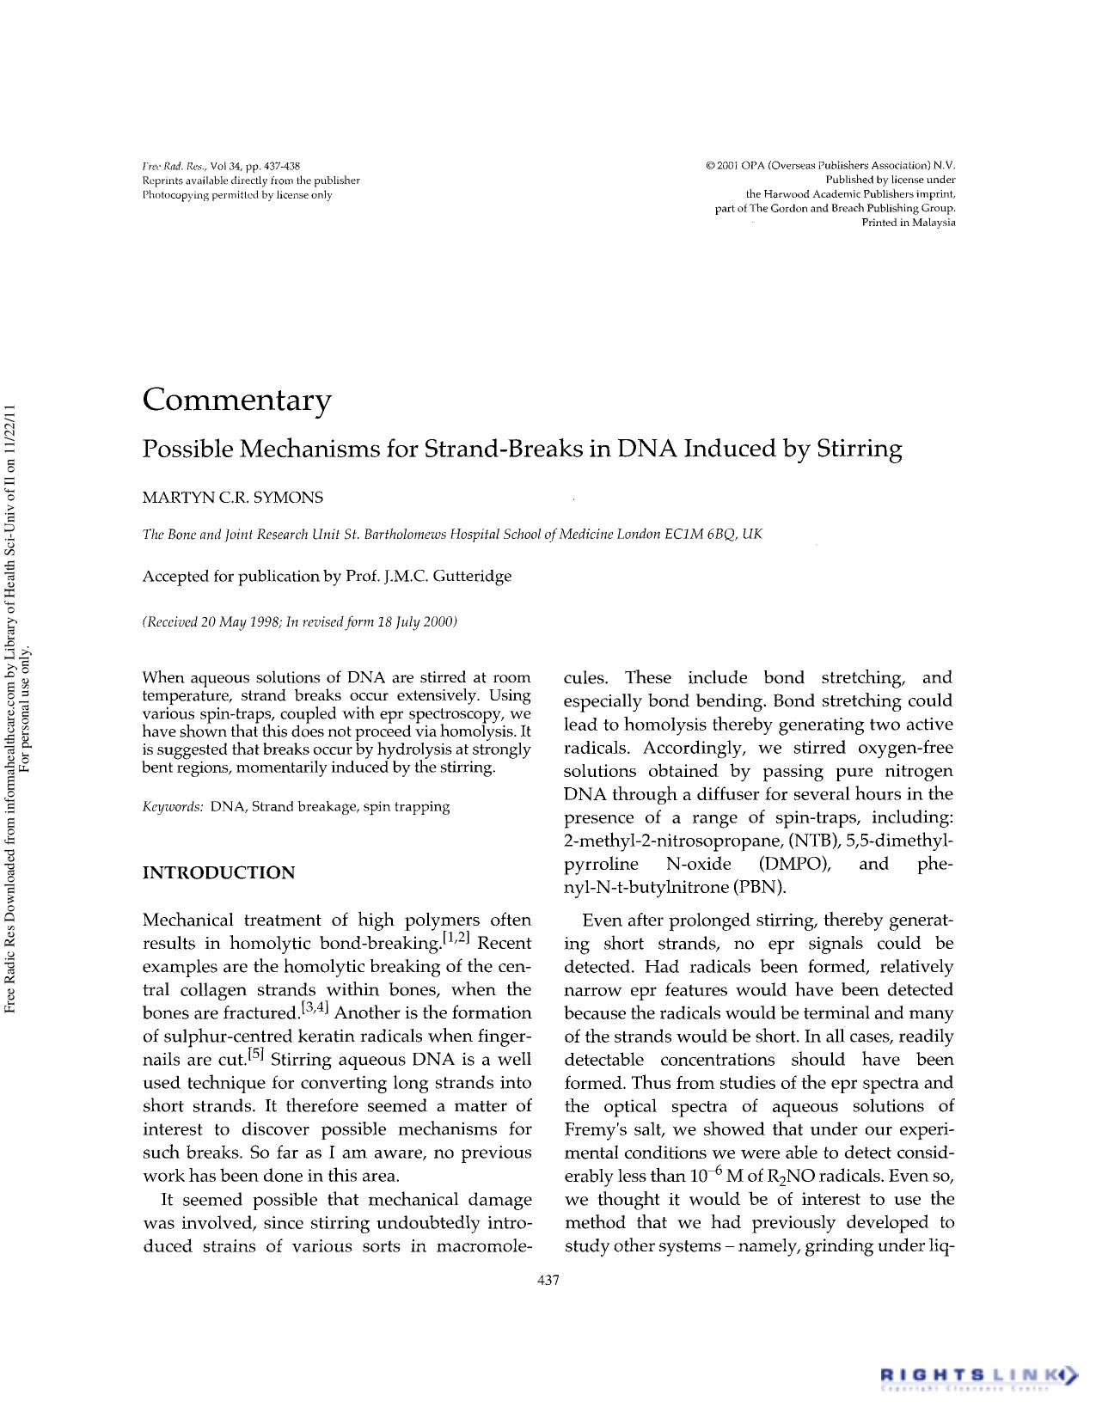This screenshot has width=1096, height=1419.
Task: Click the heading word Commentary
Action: (x=236, y=401)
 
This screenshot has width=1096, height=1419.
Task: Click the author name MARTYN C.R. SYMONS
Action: (x=232, y=498)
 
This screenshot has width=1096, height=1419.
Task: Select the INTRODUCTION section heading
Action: (x=218, y=873)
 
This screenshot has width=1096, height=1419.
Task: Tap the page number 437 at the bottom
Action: (x=548, y=1281)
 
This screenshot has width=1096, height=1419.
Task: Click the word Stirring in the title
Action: (x=859, y=450)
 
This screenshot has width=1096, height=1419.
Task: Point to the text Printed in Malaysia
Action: (x=908, y=223)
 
